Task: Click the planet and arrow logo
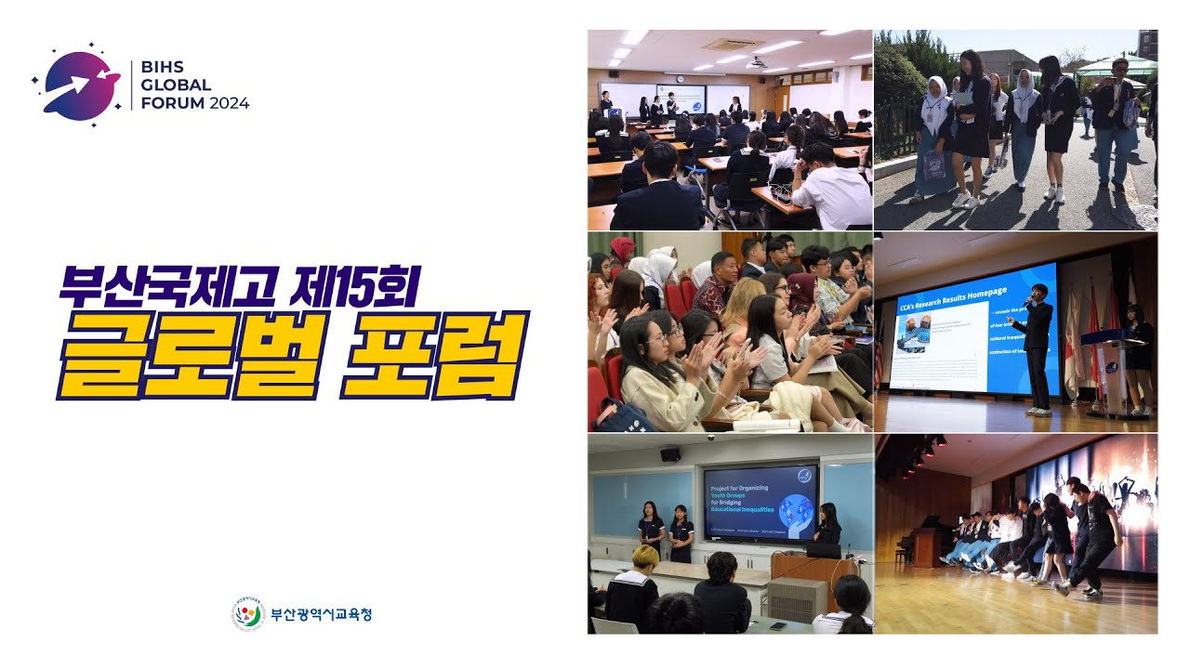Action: pyautogui.click(x=79, y=85)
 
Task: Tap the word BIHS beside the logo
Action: pyautogui.click(x=161, y=68)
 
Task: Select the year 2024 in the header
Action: pyautogui.click(x=229, y=103)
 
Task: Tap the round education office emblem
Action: pyautogui.click(x=247, y=613)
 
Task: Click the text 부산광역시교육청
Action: pyautogui.click(x=321, y=614)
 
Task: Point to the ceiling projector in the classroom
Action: pyautogui.click(x=759, y=62)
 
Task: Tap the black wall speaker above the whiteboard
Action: pyautogui.click(x=669, y=454)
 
